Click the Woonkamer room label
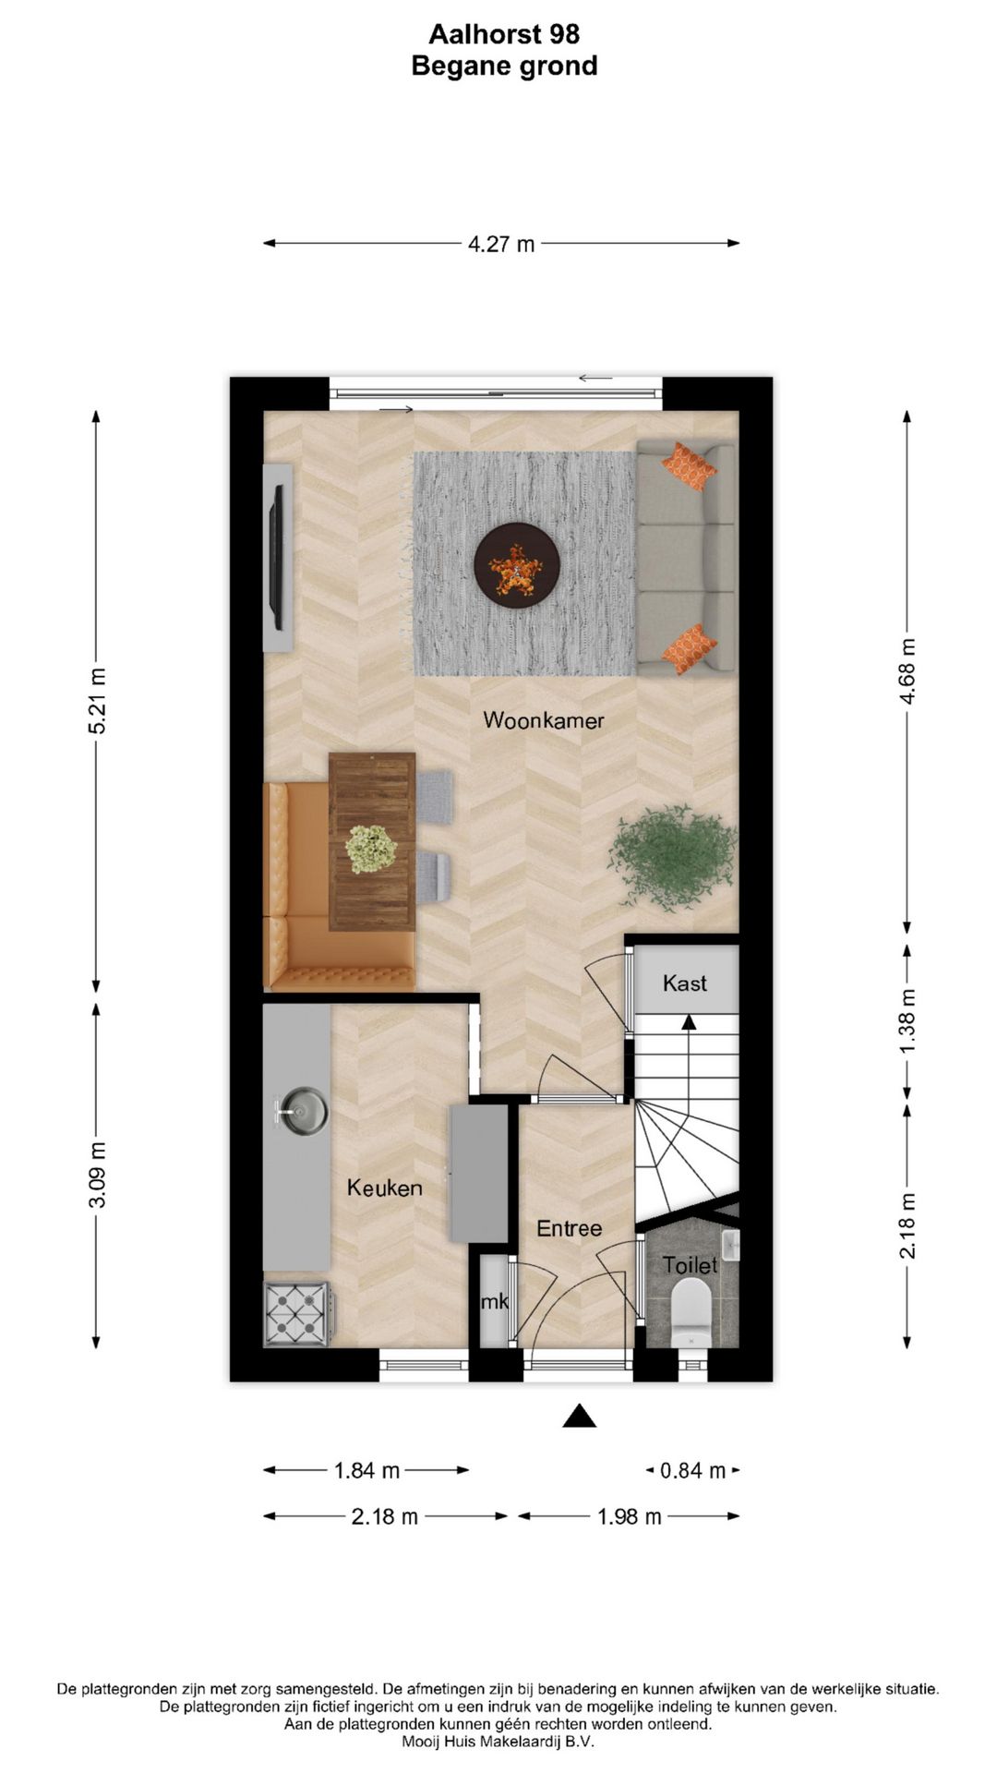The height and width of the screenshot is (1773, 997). pyautogui.click(x=543, y=720)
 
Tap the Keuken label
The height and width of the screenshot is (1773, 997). pyautogui.click(x=385, y=1188)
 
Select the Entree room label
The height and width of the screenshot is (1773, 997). pyautogui.click(x=569, y=1228)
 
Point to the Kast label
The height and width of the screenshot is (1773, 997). pyautogui.click(x=685, y=983)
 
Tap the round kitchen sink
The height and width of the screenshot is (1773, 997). pyautogui.click(x=303, y=1111)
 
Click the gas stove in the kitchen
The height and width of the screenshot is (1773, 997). pyautogui.click(x=297, y=1313)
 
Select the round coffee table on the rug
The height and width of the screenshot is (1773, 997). pyautogui.click(x=517, y=565)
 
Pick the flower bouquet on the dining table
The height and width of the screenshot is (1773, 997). pyautogui.click(x=371, y=848)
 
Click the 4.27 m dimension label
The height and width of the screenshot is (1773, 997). pyautogui.click(x=501, y=244)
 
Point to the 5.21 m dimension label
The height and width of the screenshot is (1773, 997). pyautogui.click(x=97, y=701)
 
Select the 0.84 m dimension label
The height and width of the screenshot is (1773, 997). pyautogui.click(x=692, y=1470)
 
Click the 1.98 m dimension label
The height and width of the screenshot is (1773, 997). pyautogui.click(x=630, y=1516)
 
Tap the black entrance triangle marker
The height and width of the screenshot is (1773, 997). pyautogui.click(x=579, y=1416)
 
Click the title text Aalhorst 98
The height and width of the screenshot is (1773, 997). pyautogui.click(x=504, y=34)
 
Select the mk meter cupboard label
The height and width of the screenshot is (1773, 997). pyautogui.click(x=495, y=1302)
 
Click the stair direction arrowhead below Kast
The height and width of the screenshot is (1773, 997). pyautogui.click(x=689, y=1021)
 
